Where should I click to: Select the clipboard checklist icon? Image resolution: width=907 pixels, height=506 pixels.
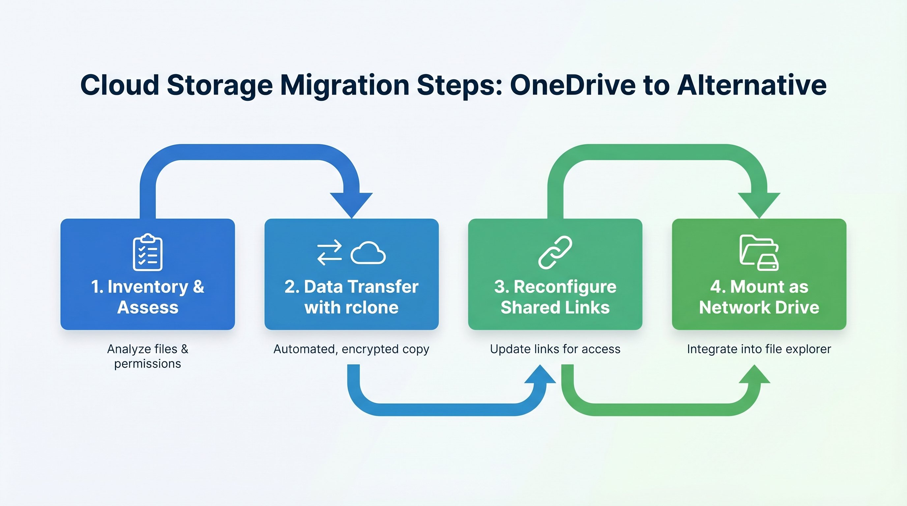pos(148,252)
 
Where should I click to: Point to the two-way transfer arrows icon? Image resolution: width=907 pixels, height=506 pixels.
pos(329,252)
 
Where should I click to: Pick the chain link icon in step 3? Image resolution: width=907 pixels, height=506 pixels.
pos(555,252)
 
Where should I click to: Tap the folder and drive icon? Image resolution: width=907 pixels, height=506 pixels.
pos(759,252)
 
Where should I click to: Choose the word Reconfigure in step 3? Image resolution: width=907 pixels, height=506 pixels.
pos(565,287)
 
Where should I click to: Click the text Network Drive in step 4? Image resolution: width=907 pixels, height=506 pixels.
pos(759,308)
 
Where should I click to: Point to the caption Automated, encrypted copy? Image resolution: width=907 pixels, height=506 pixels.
pos(351,349)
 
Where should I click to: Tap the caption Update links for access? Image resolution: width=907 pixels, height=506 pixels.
pos(555,349)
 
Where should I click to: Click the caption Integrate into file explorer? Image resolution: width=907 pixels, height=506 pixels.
pos(759,349)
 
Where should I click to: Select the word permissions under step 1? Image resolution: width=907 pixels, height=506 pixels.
pos(148,363)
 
